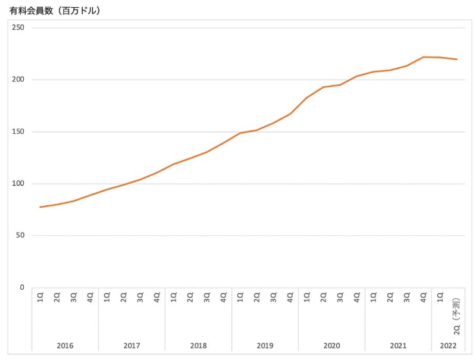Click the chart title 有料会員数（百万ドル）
click(54, 11)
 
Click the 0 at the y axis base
click(22, 287)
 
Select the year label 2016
click(65, 345)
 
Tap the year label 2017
click(131, 345)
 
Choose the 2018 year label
click(198, 345)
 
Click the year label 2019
click(265, 345)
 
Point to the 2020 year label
click(331, 345)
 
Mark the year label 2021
click(398, 345)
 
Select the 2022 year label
click(448, 345)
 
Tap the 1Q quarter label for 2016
click(40, 297)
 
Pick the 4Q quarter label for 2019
click(290, 297)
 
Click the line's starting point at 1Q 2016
click(40, 207)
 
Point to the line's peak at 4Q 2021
click(423, 57)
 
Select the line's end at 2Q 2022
click(456, 60)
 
